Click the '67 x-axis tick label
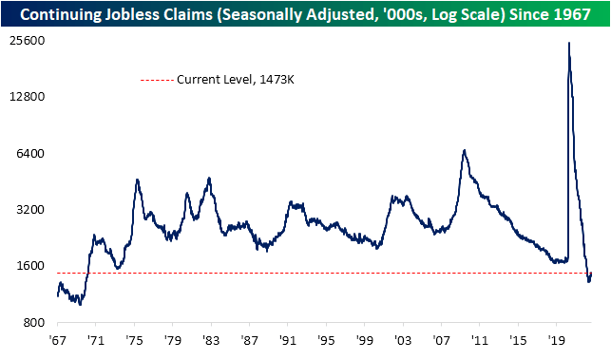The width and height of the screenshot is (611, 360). tap(58, 339)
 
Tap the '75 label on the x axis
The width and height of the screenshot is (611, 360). tap(137, 339)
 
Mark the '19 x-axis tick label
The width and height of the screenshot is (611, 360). tap(559, 339)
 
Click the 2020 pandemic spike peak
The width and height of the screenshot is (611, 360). tap(569, 43)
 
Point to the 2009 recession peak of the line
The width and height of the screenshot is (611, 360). tap(464, 150)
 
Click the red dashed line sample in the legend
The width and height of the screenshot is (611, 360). tap(156, 81)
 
